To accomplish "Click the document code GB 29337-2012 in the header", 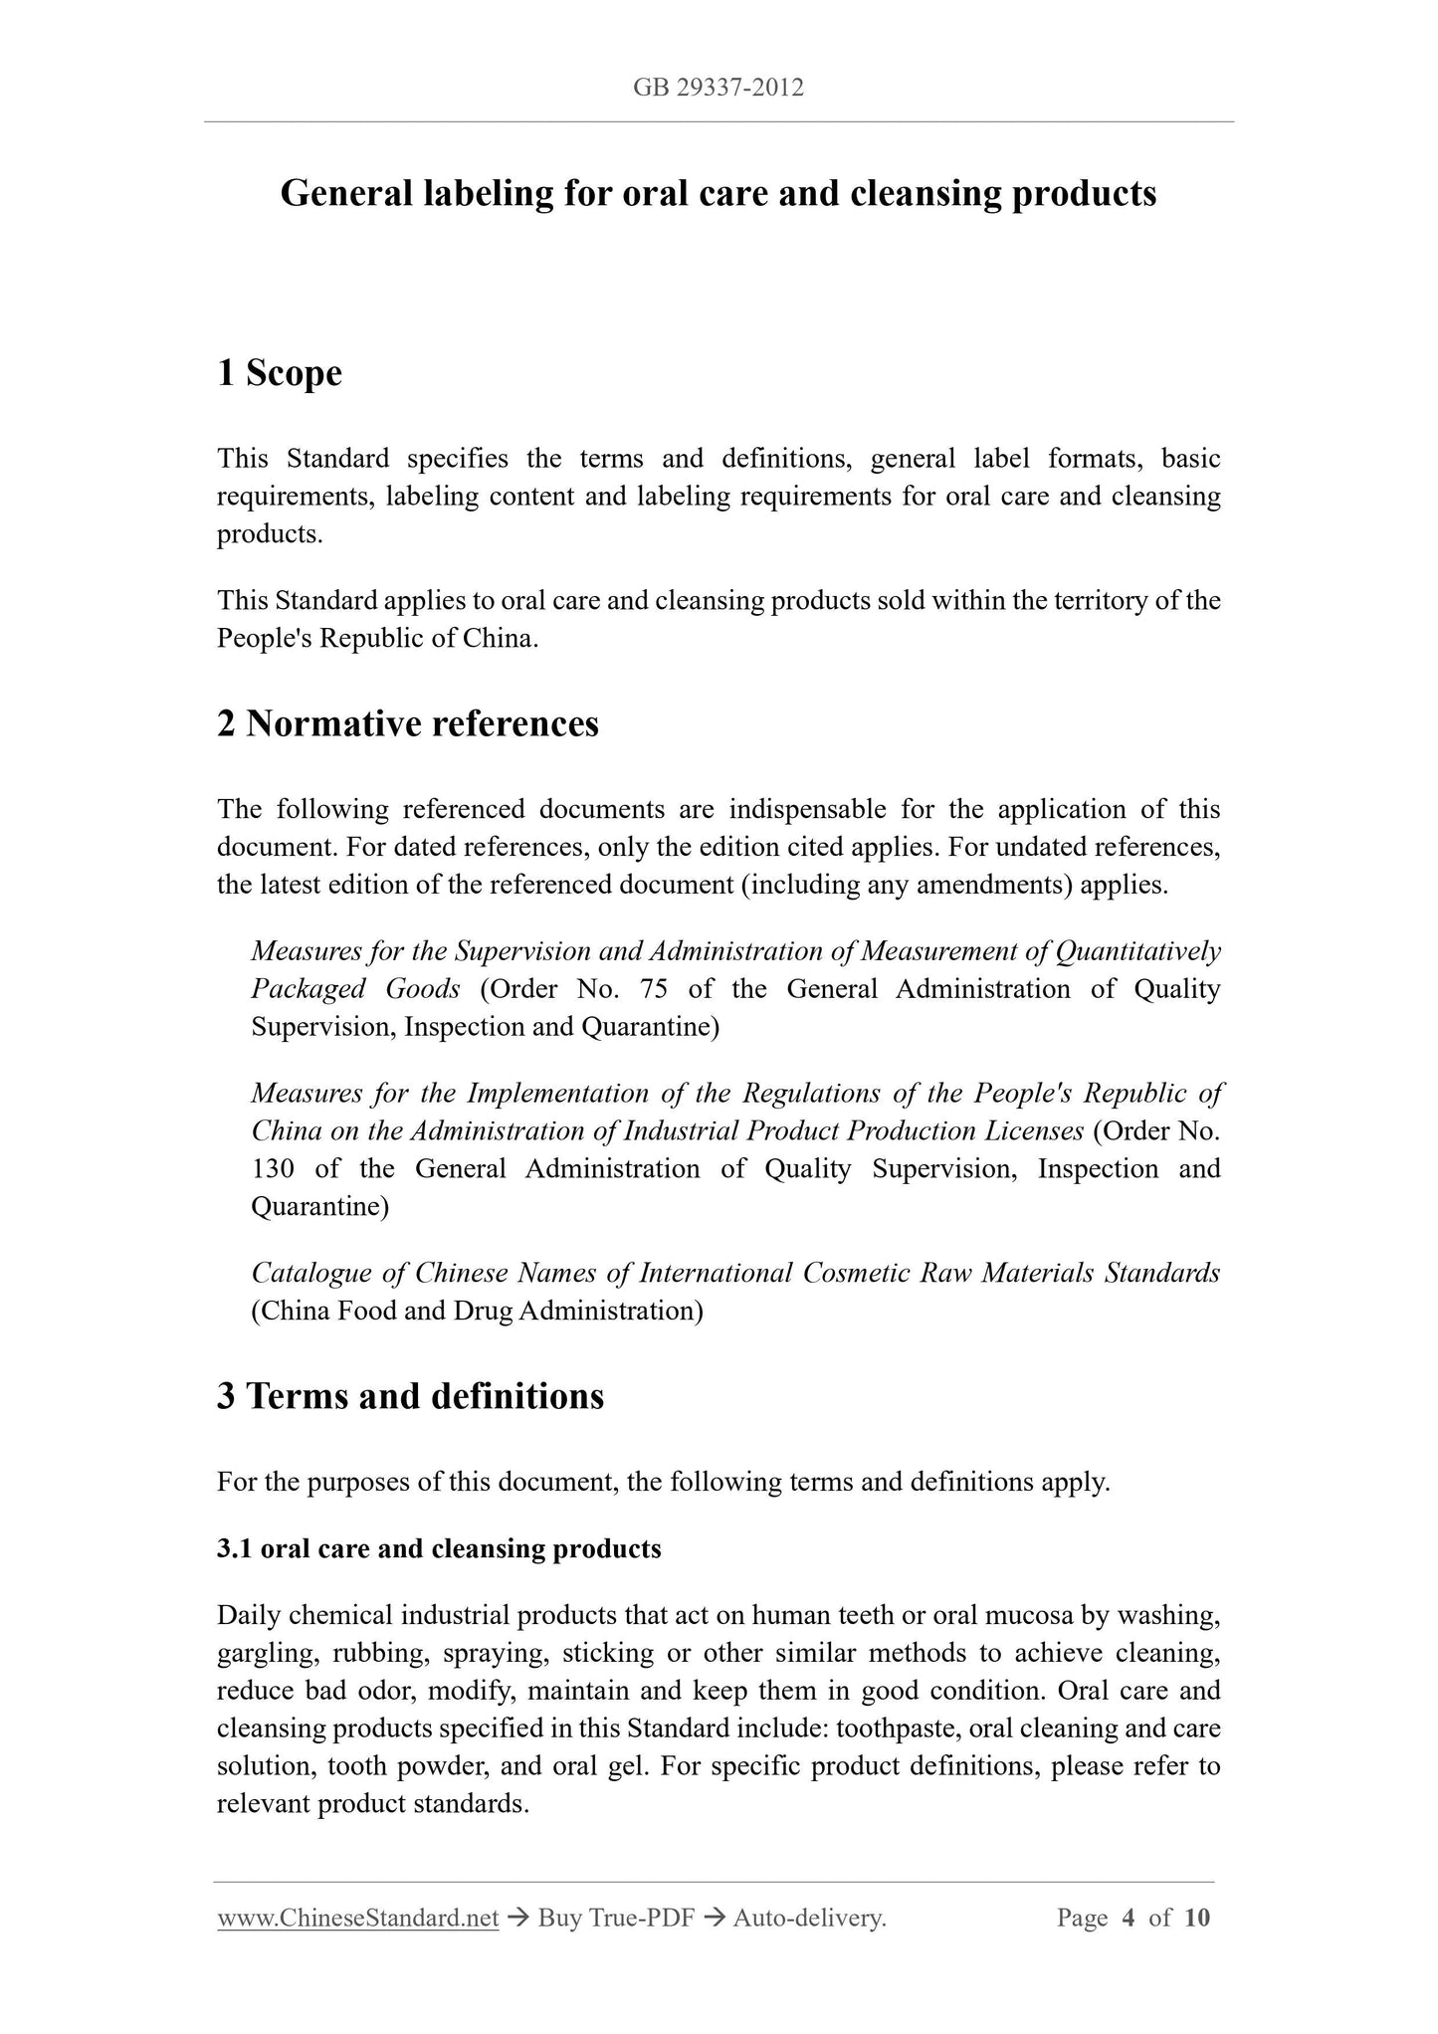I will (718, 88).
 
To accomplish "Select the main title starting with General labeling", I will (718, 193).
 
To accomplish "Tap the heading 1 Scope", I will (280, 373).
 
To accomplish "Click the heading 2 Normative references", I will (408, 723).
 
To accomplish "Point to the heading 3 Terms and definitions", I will (410, 1396).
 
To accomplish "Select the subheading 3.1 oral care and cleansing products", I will (439, 1548).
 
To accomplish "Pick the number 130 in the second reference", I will (273, 1168).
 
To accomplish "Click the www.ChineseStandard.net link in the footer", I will (357, 1918).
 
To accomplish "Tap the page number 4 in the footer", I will (1129, 1918).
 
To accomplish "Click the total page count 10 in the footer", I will (1197, 1918).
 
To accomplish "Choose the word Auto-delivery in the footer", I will (808, 1918).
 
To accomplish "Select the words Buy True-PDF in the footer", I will (615, 1918).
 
